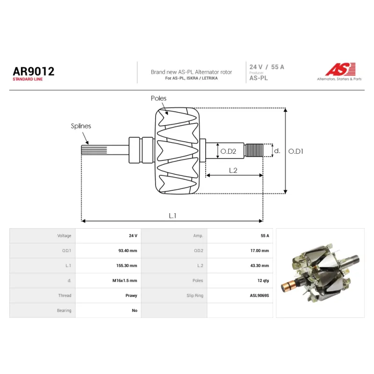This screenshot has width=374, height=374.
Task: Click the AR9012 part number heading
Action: tap(34, 72)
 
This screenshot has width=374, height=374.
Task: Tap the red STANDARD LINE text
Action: tap(28, 79)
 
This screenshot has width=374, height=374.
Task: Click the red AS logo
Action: tap(340, 69)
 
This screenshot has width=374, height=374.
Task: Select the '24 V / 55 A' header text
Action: tap(266, 67)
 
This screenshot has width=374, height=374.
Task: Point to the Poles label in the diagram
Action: tap(158, 98)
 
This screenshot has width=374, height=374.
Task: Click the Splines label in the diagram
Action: tap(81, 126)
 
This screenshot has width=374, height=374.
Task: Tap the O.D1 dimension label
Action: tap(296, 151)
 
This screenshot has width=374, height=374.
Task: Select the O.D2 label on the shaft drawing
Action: tap(228, 151)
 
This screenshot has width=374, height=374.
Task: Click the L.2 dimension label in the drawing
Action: tap(233, 170)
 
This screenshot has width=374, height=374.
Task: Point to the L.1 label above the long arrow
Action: tap(173, 216)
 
